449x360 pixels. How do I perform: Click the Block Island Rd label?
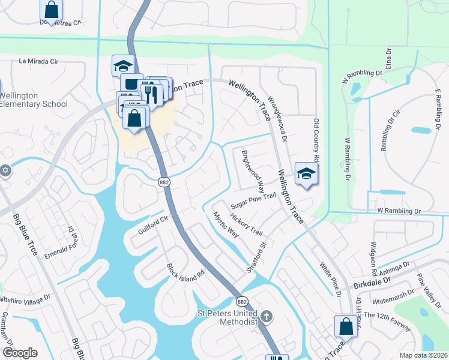coord(186,276)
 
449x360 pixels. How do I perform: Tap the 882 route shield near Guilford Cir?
coord(163,182)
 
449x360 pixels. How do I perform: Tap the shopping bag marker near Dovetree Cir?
coord(52,9)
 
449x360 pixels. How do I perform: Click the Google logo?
coord(20,352)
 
